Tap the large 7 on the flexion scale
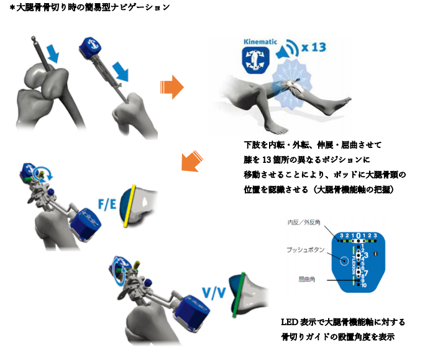[366, 273]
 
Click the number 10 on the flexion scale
[364, 285]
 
